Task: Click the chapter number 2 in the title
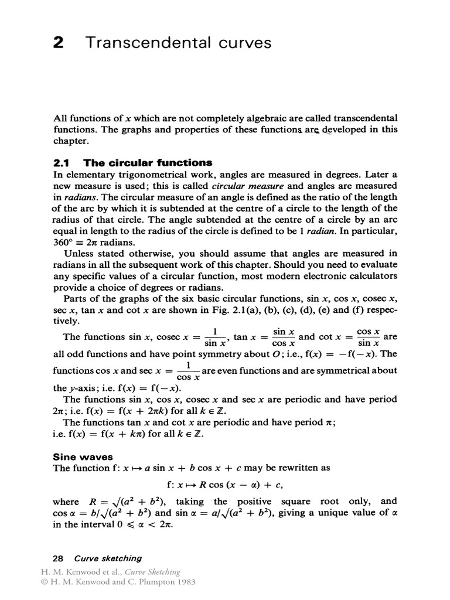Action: pos(58,43)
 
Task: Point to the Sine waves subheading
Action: pos(83,456)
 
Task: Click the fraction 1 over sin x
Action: pos(215,337)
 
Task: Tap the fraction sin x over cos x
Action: pos(284,337)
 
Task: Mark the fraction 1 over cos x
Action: pos(188,371)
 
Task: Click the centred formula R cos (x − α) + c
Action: pos(224,485)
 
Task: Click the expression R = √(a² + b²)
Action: pos(127,502)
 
